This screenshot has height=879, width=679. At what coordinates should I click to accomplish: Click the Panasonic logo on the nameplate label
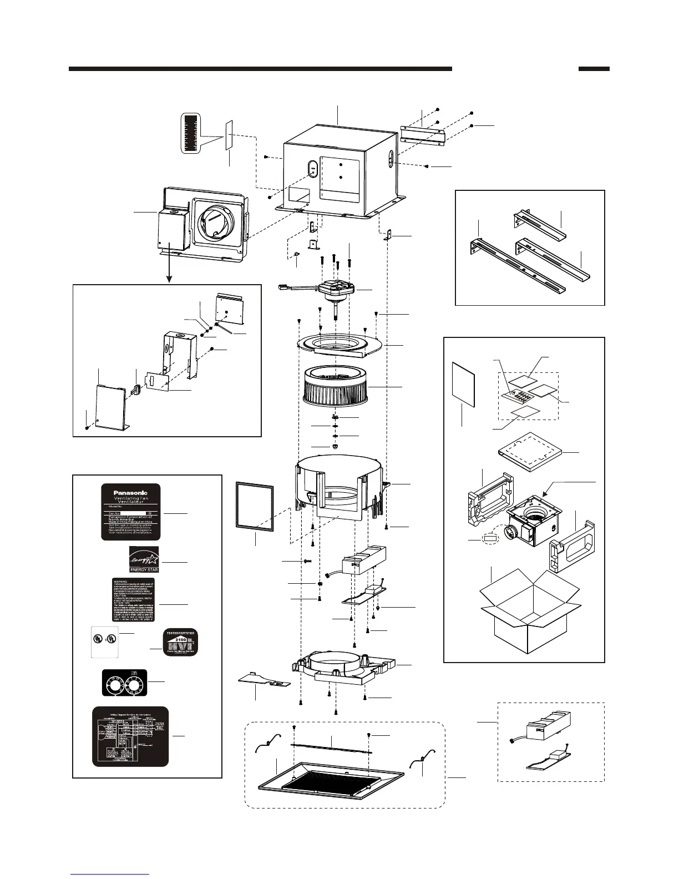pyautogui.click(x=131, y=492)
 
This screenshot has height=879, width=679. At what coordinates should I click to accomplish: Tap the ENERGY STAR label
pyautogui.click(x=144, y=560)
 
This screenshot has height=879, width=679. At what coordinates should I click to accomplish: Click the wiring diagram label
pyautogui.click(x=130, y=735)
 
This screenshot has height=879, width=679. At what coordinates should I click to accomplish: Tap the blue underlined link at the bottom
pyautogui.click(x=110, y=874)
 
